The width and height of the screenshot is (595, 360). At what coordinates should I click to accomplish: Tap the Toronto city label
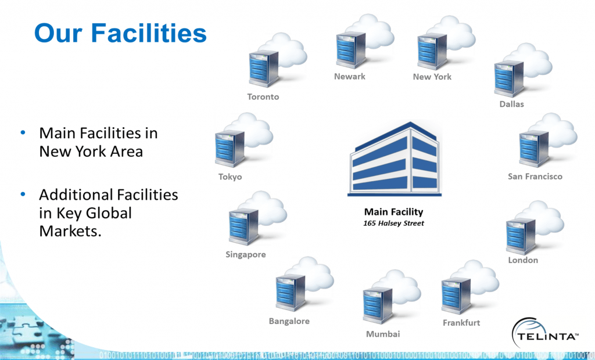263,97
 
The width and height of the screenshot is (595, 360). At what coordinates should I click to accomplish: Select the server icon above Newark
350,51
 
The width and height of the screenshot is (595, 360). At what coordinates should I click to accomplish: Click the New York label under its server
432,77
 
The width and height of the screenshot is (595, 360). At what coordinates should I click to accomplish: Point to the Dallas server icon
509,79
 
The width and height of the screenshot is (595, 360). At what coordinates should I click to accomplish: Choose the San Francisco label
535,177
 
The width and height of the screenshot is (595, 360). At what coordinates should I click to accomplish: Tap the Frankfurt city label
461,323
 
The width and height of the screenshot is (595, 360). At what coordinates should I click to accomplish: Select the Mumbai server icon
377,305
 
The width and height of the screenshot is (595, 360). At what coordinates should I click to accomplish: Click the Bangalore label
289,321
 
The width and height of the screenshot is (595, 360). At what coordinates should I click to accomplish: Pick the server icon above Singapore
243,226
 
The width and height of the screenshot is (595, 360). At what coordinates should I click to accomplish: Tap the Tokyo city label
230,177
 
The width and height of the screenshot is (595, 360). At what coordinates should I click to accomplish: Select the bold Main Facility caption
393,212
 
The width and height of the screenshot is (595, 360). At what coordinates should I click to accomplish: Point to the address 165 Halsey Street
393,223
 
